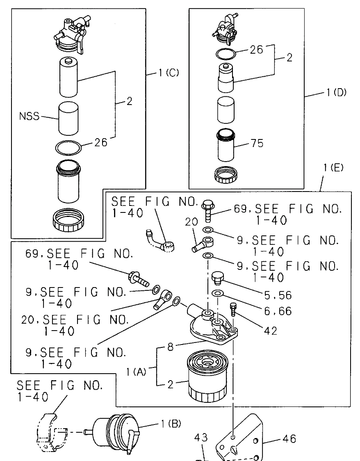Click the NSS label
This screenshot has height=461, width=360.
tap(29, 116)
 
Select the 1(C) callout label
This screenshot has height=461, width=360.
tap(169, 73)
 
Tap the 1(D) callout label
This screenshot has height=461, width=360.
tap(336, 93)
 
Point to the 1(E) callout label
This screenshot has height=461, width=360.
tap(333, 168)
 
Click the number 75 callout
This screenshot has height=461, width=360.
tap(257, 143)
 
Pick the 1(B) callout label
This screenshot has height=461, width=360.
tap(171, 424)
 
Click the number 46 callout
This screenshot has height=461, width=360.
tap(289, 439)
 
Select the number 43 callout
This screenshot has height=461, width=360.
tap(201, 438)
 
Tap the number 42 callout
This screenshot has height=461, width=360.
tap(271, 331)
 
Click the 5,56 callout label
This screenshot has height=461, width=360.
tap(278, 295)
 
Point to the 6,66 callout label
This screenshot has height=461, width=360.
tap(278, 311)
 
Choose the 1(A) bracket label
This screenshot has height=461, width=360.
tap(136, 372)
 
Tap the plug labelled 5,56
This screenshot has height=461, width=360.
tap(218, 278)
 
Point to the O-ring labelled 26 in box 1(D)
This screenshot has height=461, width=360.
tap(226, 54)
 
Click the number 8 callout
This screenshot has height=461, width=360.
tap(171, 347)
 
